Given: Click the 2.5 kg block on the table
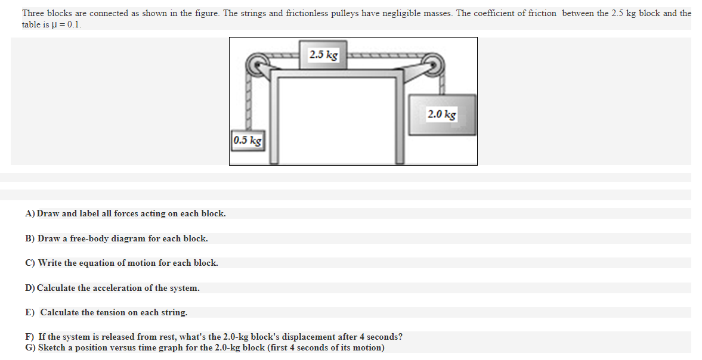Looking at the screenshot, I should (x=324, y=55).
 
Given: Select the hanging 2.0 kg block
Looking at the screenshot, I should (x=441, y=114).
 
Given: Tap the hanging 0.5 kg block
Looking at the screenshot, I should (x=247, y=141).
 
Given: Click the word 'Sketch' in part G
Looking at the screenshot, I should (x=51, y=347).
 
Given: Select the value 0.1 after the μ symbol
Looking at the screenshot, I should (x=75, y=25).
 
